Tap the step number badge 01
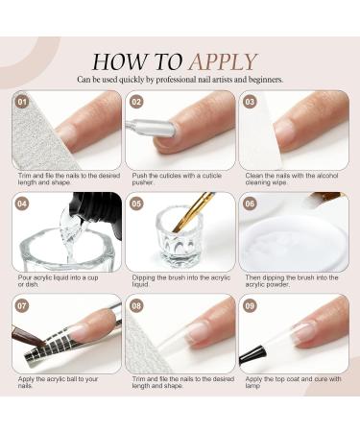point(21,100)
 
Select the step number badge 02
point(135,100)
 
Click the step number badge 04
point(21,204)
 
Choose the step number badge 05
point(135,204)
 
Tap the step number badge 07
point(21,306)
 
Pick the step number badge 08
point(135,306)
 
